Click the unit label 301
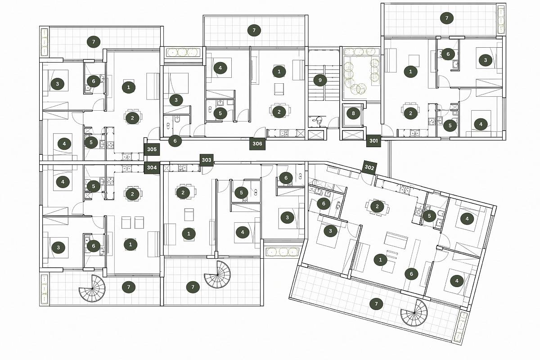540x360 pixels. (x=373, y=140)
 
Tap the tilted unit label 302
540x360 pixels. (x=369, y=167)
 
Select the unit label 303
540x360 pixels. (x=207, y=160)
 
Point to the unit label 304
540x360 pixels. (x=152, y=167)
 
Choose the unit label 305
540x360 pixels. (x=152, y=149)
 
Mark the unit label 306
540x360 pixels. (x=257, y=144)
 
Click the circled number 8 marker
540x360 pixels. (x=353, y=113)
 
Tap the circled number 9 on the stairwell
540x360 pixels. (x=320, y=80)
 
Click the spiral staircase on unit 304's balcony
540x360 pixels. (x=92, y=288)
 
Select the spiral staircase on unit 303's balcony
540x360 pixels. (x=217, y=274)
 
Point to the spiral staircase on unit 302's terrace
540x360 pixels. (x=414, y=313)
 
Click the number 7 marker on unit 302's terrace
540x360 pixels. (x=376, y=304)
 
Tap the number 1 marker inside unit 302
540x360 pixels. (x=380, y=260)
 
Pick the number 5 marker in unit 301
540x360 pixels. (x=450, y=126)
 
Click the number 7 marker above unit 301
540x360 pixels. (x=447, y=18)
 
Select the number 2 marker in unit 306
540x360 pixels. (x=279, y=112)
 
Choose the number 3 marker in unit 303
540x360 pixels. (x=287, y=217)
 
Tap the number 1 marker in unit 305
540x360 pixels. (x=129, y=87)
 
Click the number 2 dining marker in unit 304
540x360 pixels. (x=132, y=194)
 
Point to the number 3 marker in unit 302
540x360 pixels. (x=330, y=231)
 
